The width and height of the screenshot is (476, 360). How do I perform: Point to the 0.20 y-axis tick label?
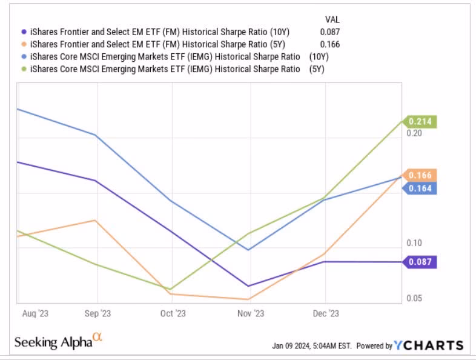point(414,133)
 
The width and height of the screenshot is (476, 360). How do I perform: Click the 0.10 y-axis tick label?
point(414,243)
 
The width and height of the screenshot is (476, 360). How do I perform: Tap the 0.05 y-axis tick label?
point(414,299)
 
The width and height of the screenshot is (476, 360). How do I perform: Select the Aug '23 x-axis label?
point(35,313)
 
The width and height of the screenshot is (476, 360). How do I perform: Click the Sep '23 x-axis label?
point(96,313)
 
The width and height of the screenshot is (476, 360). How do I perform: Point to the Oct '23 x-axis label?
point(173,313)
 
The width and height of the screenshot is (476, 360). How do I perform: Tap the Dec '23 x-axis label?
point(326,313)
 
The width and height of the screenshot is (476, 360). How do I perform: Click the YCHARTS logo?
point(429,345)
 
